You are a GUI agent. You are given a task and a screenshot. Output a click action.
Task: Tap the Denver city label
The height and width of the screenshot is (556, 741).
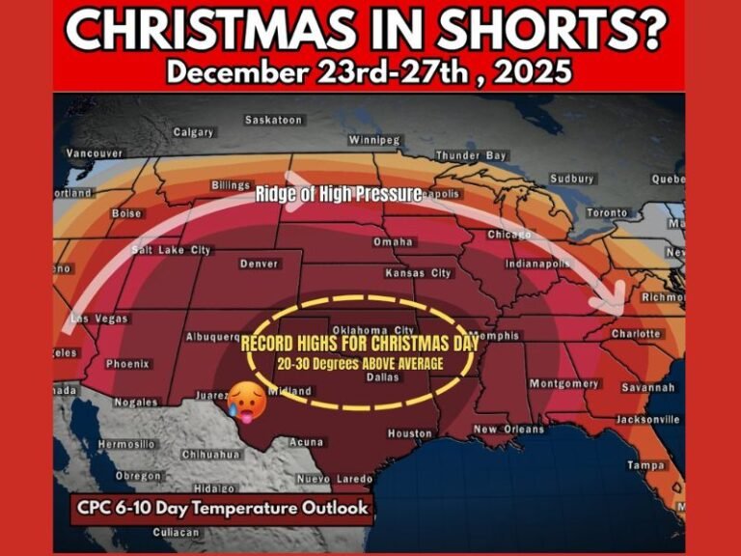(258, 264)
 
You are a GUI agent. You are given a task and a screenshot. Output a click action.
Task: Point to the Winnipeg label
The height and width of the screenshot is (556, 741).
(373, 140)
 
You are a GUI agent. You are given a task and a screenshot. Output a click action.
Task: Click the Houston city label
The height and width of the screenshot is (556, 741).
(409, 433)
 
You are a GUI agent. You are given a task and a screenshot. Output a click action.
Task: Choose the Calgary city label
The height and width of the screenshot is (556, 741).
(193, 132)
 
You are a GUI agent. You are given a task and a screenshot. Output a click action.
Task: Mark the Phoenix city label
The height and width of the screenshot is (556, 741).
(128, 364)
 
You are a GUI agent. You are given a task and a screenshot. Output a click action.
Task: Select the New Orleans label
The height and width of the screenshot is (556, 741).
(508, 430)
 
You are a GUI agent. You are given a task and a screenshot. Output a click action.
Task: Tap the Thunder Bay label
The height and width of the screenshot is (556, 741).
(470, 155)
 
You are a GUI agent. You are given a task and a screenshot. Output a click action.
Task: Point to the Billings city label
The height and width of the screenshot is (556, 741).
(233, 185)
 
